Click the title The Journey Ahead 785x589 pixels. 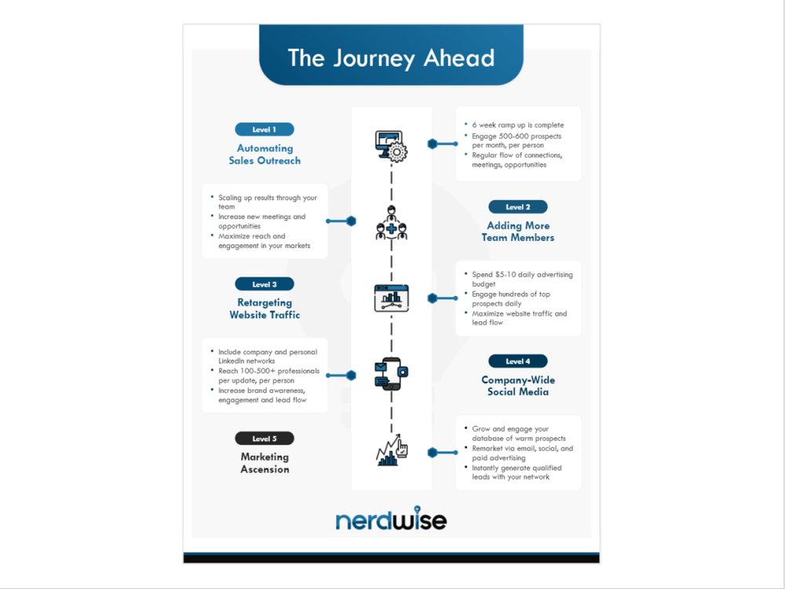point(391,58)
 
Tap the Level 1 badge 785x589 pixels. point(265,130)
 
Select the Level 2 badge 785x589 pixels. point(517,207)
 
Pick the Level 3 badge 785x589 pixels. point(265,284)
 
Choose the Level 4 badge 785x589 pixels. point(517,361)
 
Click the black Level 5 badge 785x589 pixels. point(265,438)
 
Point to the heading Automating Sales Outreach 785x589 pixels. point(265,154)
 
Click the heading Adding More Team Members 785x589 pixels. point(517,232)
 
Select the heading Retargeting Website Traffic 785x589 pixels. point(265,309)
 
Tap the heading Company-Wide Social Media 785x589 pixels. point(517,386)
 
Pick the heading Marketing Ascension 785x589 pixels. point(265,463)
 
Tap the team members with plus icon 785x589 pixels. point(391,222)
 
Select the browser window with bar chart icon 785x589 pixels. point(391,299)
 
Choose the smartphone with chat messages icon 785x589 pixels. point(391,375)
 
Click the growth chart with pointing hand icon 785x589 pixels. point(391,451)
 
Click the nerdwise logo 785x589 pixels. point(391,519)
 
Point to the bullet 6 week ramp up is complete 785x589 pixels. point(517,125)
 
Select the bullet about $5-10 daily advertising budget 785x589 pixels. point(522,279)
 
